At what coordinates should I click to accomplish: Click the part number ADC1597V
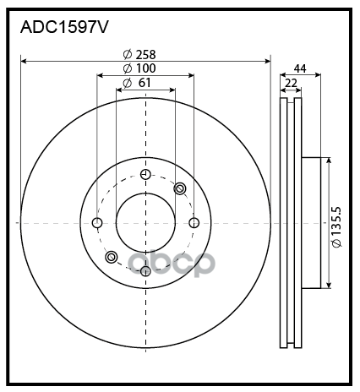(x=64, y=28)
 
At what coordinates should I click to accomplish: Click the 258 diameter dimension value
(x=145, y=54)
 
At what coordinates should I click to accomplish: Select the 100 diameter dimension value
(x=145, y=68)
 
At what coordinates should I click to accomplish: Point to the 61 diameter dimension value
(x=145, y=83)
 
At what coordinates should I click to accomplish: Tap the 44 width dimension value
(x=300, y=68)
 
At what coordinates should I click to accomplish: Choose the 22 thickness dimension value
(x=291, y=83)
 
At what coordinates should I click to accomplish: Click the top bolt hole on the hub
(x=145, y=174)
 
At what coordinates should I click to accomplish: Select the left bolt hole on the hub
(x=97, y=223)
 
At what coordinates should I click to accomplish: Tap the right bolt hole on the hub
(x=194, y=223)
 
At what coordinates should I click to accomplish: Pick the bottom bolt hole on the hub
(x=145, y=271)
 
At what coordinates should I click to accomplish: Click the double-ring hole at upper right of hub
(x=180, y=188)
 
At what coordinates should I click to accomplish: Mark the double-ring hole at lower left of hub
(x=112, y=257)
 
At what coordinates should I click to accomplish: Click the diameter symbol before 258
(x=128, y=54)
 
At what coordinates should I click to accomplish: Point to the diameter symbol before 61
(x=128, y=83)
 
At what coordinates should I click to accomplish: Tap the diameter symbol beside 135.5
(x=336, y=243)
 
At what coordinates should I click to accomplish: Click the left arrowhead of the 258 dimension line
(x=24, y=61)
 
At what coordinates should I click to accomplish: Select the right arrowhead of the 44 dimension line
(x=318, y=75)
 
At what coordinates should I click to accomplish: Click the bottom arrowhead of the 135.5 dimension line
(x=329, y=286)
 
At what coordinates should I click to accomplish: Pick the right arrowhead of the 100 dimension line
(x=191, y=75)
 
